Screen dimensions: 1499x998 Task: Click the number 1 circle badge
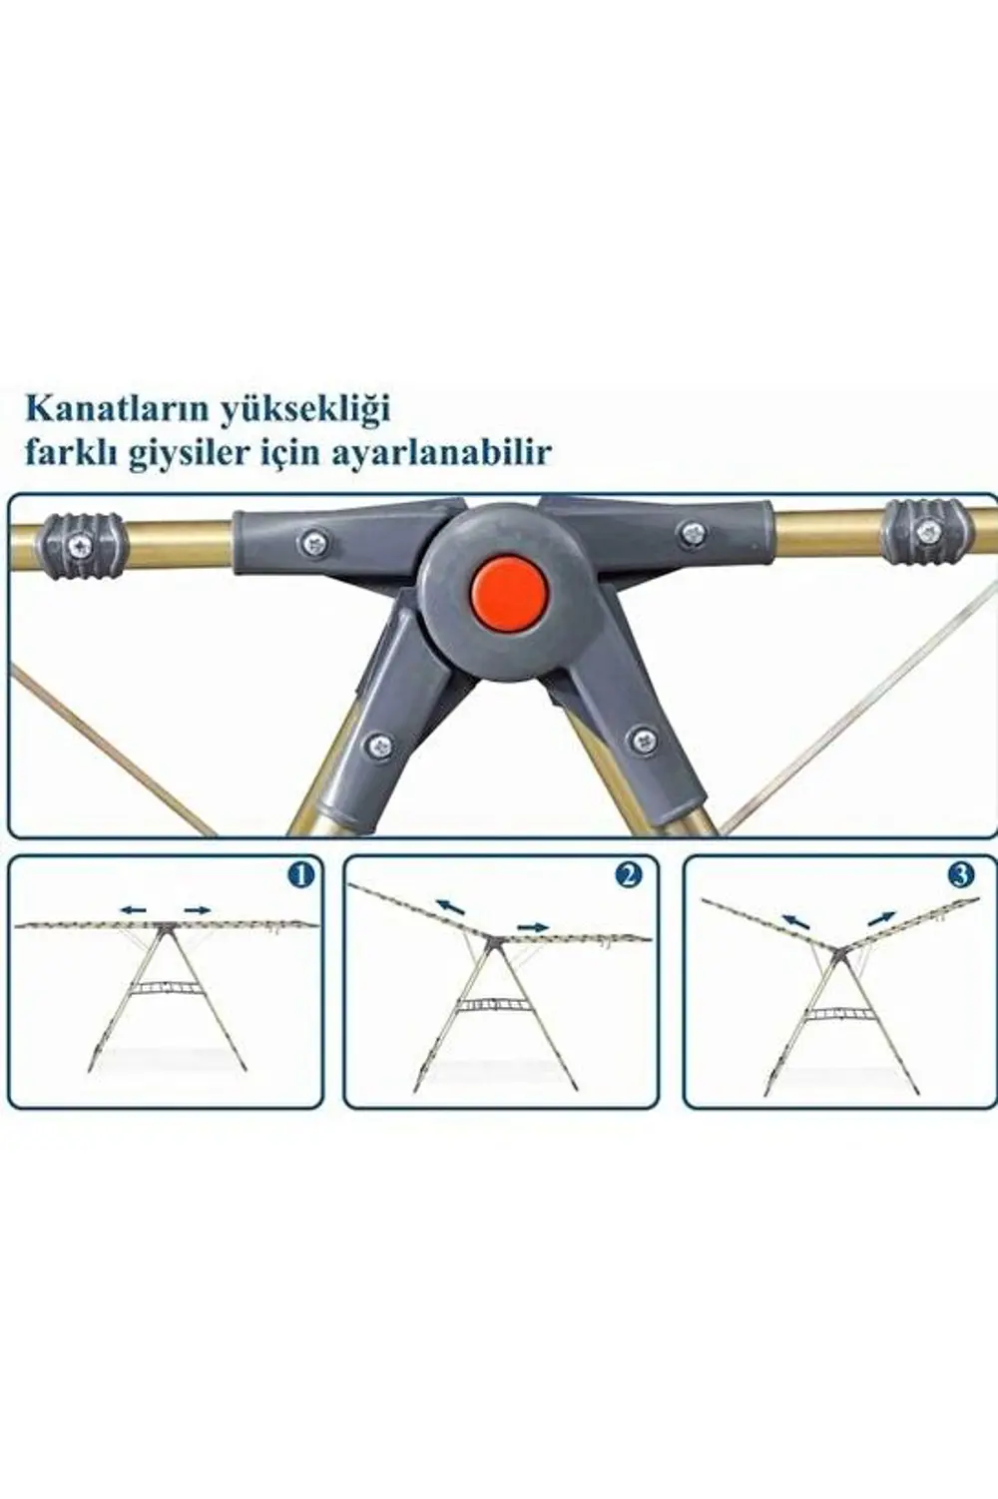[299, 875]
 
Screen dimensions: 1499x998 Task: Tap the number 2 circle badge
[628, 875]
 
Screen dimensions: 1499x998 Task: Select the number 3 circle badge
[960, 875]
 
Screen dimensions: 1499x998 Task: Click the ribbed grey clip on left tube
[79, 545]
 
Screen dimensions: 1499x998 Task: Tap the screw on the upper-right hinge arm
[689, 532]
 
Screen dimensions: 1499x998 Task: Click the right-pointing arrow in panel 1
[196, 909]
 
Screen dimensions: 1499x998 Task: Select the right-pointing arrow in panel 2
[533, 927]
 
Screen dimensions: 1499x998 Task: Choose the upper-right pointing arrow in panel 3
[881, 917]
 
